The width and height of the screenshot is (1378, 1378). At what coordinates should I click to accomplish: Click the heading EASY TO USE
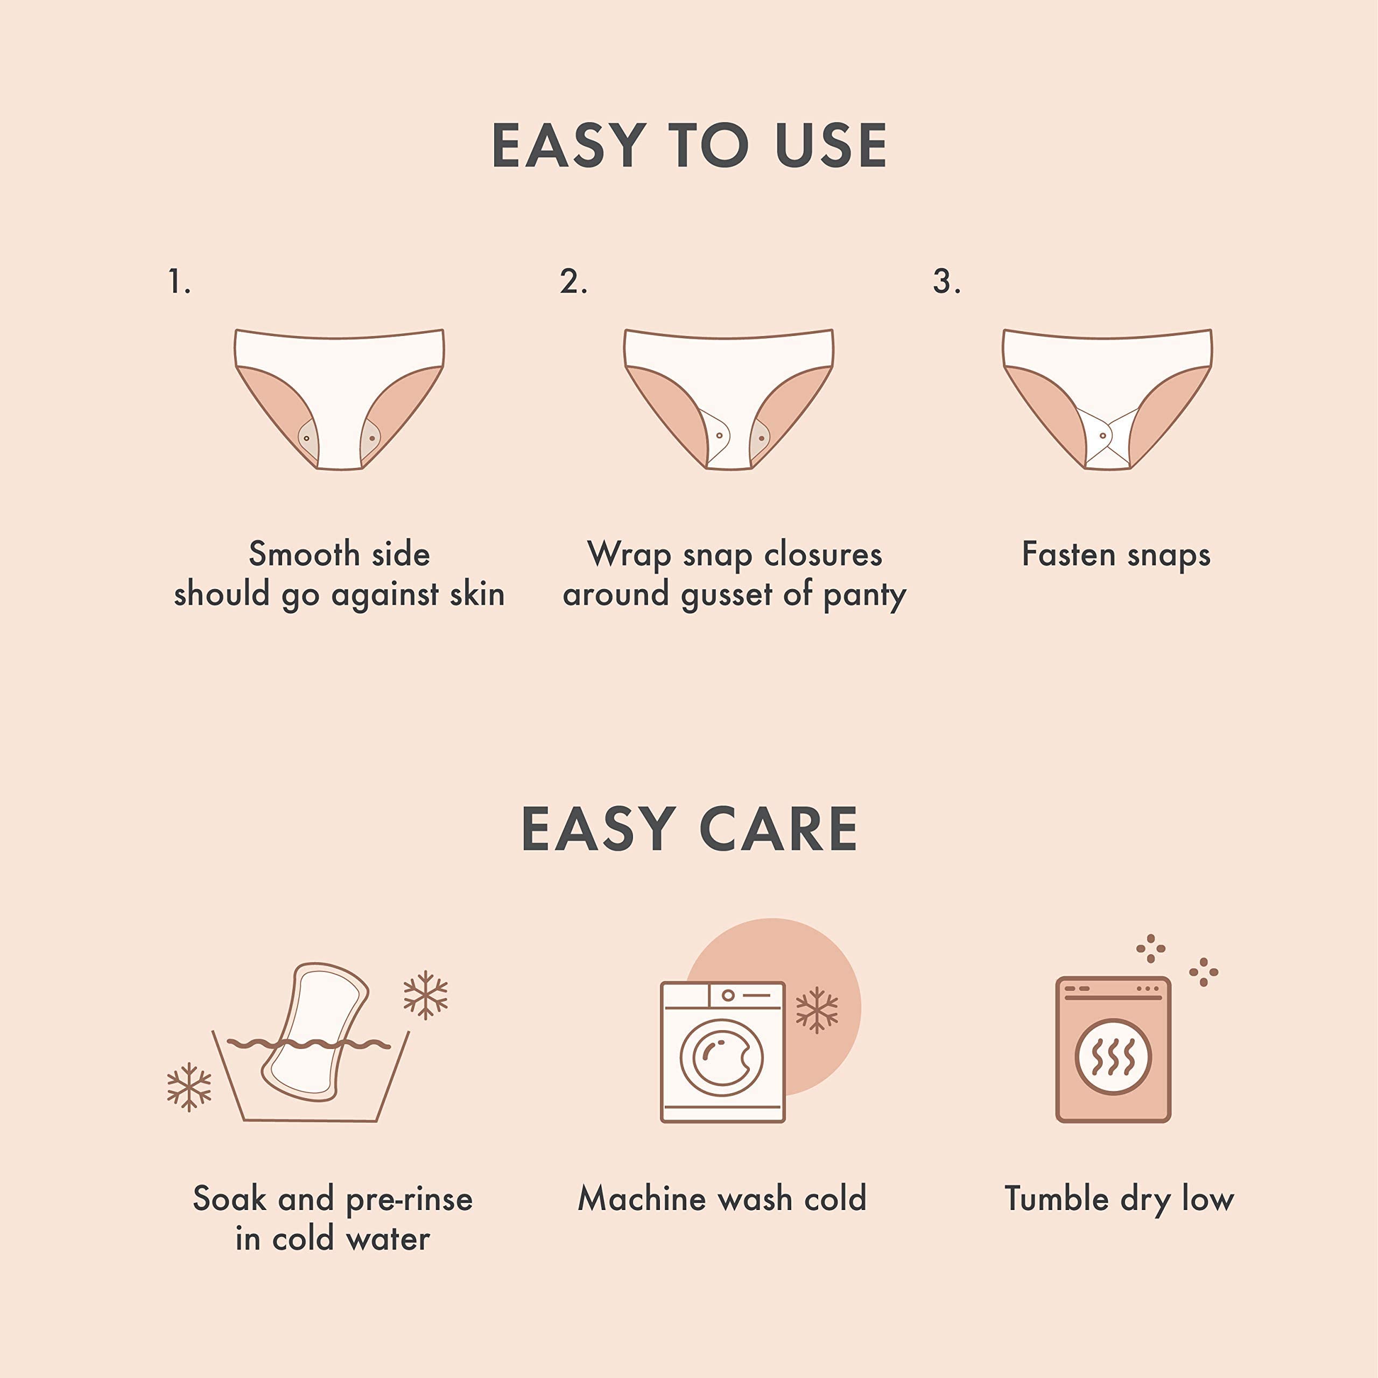click(x=689, y=145)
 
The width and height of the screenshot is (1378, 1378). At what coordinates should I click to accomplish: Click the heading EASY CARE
click(x=689, y=829)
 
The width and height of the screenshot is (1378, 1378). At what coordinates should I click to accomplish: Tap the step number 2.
click(x=573, y=282)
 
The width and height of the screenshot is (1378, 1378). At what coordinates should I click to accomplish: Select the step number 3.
click(x=946, y=282)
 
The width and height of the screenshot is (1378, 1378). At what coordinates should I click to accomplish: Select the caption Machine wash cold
click(x=722, y=1198)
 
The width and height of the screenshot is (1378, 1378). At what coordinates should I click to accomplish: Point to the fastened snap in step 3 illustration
click(x=1103, y=435)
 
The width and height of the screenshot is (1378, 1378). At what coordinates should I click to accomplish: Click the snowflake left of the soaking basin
click(x=189, y=1087)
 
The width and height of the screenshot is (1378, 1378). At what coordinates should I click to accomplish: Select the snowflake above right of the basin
click(x=426, y=994)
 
